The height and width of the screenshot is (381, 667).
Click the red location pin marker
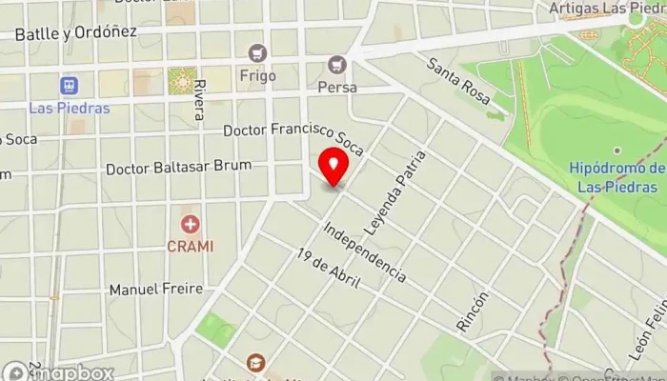(333, 168)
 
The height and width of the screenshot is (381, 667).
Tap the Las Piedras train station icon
(69, 86)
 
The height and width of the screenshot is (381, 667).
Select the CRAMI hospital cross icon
(191, 225)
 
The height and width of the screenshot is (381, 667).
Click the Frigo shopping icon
(256, 53)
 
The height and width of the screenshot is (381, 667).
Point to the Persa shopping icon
(335, 65)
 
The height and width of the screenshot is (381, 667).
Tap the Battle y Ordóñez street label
(76, 32)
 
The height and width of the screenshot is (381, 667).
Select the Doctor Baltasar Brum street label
(178, 167)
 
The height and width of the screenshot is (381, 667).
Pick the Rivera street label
(198, 99)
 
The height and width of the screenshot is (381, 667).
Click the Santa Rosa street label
(458, 82)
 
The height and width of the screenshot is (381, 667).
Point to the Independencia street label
(364, 252)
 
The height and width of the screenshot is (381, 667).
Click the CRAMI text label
(191, 246)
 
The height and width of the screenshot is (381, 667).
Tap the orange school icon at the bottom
(255, 363)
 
